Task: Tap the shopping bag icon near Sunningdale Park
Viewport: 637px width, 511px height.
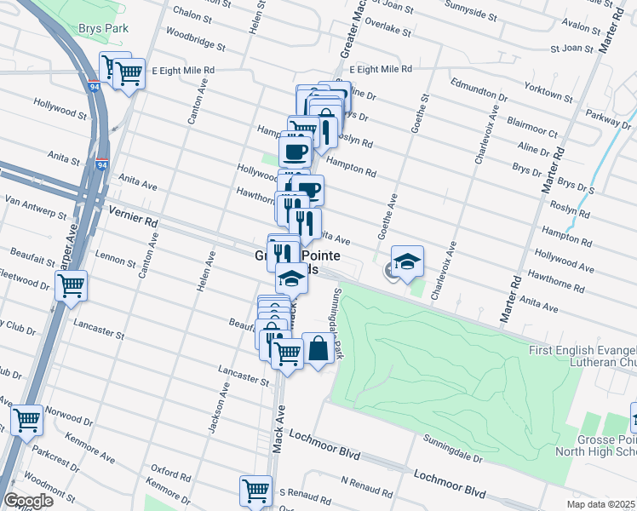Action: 318,349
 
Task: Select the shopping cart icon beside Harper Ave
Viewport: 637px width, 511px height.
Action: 71,285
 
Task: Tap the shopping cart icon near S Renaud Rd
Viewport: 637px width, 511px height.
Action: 255,490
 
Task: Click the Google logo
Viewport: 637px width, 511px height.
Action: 28,501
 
